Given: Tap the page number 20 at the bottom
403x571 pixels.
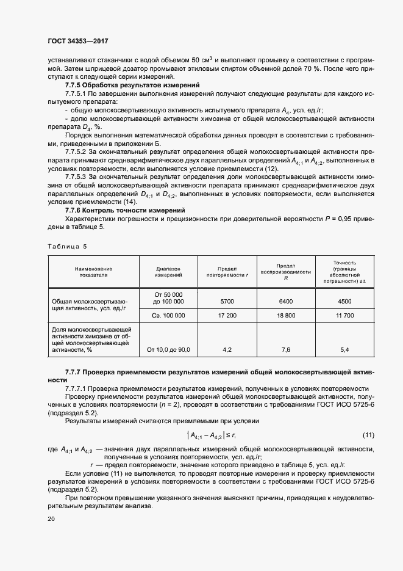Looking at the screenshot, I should pos(51,519).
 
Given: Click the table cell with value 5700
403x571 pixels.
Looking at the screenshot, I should pos(226,302).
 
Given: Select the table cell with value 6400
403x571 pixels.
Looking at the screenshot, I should pos(285,302).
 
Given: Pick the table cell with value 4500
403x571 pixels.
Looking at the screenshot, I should pos(344,302).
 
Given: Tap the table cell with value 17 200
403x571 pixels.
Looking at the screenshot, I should pos(226,316).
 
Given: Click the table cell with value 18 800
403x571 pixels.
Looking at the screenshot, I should pos(285,316).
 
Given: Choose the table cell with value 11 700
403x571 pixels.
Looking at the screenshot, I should pos(344,316).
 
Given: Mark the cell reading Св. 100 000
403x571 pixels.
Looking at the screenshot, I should pos(169,316).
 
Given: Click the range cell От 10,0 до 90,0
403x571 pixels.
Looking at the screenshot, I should pos(169,350).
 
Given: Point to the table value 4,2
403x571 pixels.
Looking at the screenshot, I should pos(227,350).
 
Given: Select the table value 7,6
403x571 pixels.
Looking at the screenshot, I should pos(285,350).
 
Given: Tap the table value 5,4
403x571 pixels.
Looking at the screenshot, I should pos(344,350).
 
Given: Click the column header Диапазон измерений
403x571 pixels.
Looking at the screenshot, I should pos(169,272).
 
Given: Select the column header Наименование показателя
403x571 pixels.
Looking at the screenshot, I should pos(93,272).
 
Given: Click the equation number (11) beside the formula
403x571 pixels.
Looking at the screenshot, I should pos(368,435).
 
